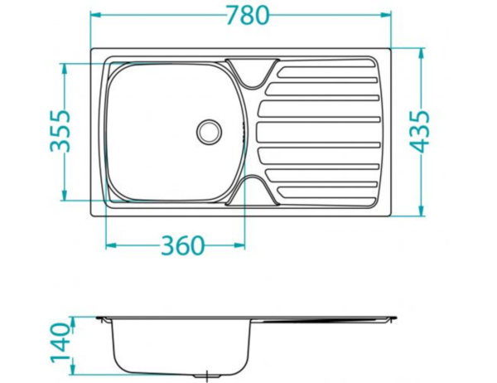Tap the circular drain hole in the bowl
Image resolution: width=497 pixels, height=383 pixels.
tap(209, 129)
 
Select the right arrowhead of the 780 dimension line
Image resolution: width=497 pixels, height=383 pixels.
tap(386, 15)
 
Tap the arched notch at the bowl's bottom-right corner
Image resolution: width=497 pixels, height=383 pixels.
tap(250, 190)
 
